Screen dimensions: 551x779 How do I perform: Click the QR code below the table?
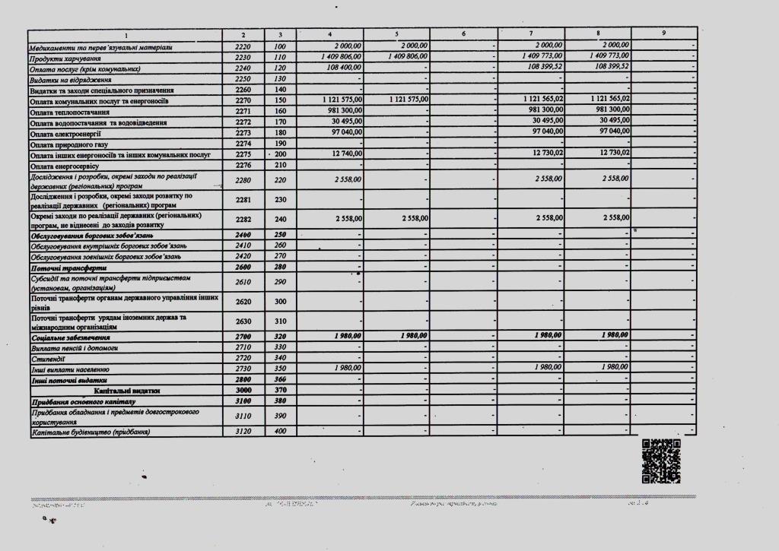(x=660, y=461)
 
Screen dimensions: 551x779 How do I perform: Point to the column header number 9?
(x=664, y=33)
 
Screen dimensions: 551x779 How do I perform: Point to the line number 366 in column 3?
(x=280, y=379)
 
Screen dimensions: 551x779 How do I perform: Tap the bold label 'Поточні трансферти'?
(x=68, y=268)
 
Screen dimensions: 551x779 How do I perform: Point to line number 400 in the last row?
(x=280, y=432)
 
